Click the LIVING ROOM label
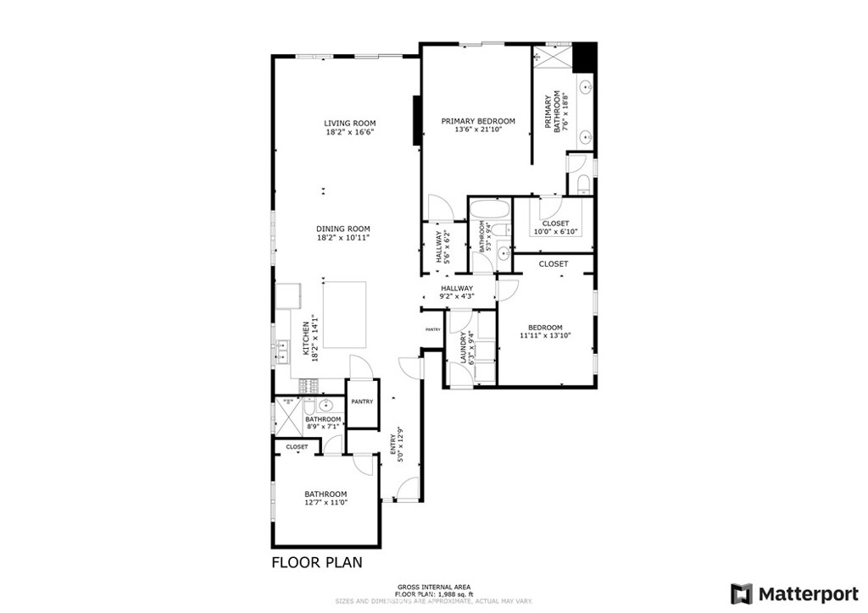(x=349, y=123)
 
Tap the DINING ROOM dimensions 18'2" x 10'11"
(x=343, y=238)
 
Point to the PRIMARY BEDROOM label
(x=478, y=121)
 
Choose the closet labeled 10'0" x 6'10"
(x=555, y=227)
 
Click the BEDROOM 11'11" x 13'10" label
(x=545, y=331)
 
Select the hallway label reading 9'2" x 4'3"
(x=456, y=292)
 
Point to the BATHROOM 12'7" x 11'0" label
(x=325, y=498)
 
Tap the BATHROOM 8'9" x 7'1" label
(x=323, y=422)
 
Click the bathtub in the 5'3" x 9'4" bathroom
(x=489, y=209)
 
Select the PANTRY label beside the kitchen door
(x=363, y=402)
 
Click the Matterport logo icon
(x=742, y=592)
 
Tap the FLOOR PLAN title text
(x=318, y=562)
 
